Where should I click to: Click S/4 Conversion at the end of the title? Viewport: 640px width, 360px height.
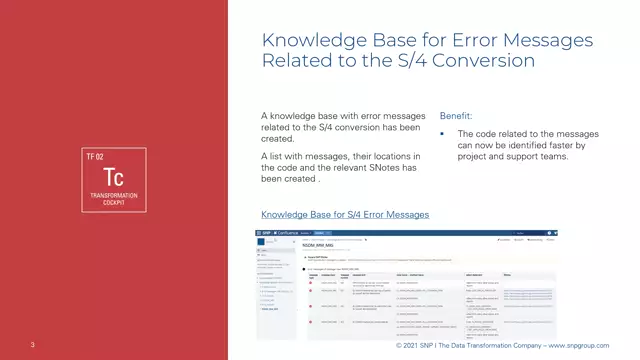[483, 61]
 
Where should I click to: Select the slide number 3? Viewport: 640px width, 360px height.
[33, 346]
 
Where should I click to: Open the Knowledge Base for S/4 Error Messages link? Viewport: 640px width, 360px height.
[345, 214]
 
